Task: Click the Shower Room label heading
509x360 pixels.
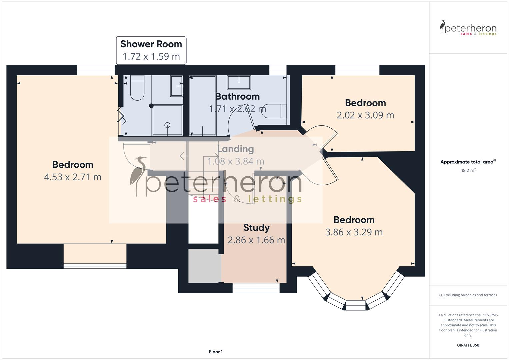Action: pyautogui.click(x=151, y=44)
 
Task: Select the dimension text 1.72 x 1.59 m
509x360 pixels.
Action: pyautogui.click(x=151, y=56)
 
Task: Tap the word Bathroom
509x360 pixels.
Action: pyautogui.click(x=237, y=96)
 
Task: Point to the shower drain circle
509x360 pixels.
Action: pyautogui.click(x=167, y=125)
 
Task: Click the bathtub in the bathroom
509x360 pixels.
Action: pyautogui.click(x=202, y=105)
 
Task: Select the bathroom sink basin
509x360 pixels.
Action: pyautogui.click(x=239, y=83)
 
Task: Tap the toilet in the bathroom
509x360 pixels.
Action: pyautogui.click(x=274, y=111)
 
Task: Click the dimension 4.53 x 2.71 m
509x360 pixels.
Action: pyautogui.click(x=73, y=177)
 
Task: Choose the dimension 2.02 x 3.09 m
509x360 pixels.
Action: pyautogui.click(x=365, y=115)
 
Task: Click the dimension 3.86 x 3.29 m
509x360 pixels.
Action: pyautogui.click(x=354, y=232)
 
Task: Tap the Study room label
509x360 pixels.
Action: pyautogui.click(x=256, y=228)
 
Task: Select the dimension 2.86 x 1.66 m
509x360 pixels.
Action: pyautogui.click(x=256, y=240)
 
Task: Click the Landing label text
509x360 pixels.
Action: pyautogui.click(x=235, y=149)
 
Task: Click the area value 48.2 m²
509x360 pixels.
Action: pyautogui.click(x=468, y=170)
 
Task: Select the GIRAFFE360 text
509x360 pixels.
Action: pyautogui.click(x=468, y=345)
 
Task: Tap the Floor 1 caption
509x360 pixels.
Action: pyautogui.click(x=216, y=352)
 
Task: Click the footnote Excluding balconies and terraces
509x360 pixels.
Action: pyautogui.click(x=468, y=295)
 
